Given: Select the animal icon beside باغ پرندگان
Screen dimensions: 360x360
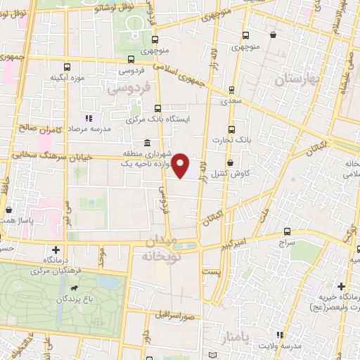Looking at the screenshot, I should [x=72, y=288].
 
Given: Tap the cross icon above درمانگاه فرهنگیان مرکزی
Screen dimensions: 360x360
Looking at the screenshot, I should [x=56, y=250].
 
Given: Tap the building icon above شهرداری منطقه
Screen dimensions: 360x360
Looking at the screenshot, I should [x=146, y=143].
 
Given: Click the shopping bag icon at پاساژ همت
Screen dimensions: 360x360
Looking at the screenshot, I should [x=8, y=210].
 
